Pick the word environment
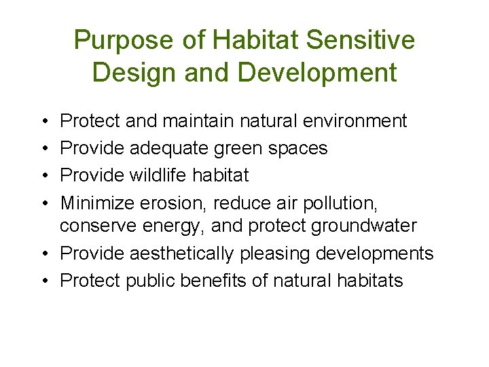click(x=353, y=122)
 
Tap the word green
click(x=244, y=148)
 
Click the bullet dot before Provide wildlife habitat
click(x=44, y=175)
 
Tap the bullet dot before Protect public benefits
click(x=44, y=281)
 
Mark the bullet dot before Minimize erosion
click(x=44, y=202)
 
